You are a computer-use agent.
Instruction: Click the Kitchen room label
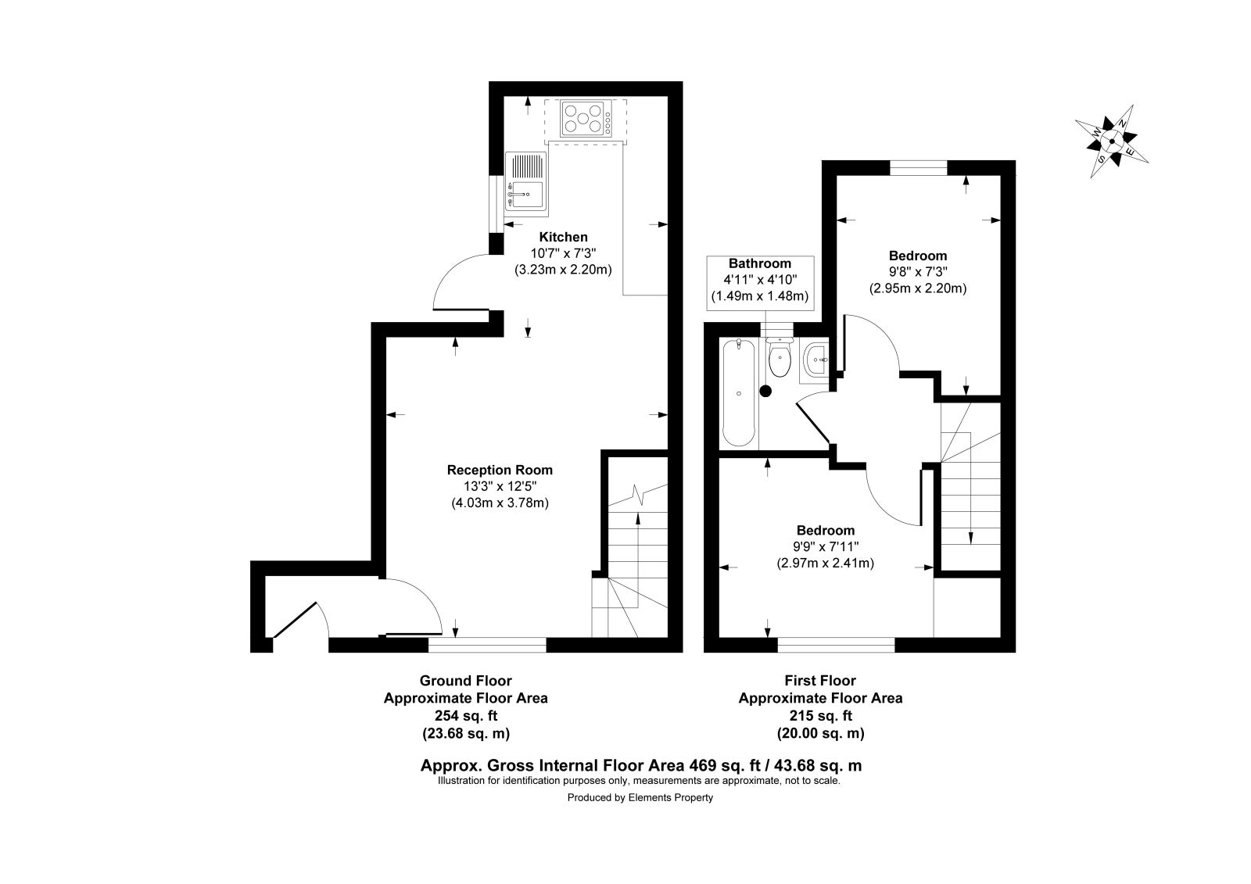[x=563, y=237]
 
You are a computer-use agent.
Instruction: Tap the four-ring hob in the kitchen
[x=586, y=118]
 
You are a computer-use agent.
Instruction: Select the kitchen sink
[x=526, y=183]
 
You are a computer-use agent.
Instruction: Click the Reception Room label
[x=500, y=471]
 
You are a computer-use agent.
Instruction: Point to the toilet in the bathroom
[x=780, y=357]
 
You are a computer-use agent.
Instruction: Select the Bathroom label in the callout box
[x=759, y=263]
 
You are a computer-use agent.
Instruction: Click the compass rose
[x=1111, y=141]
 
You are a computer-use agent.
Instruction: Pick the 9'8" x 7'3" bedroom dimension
[x=918, y=272]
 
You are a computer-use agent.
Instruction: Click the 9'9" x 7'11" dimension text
[x=826, y=546]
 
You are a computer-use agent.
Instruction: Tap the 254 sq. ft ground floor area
[x=466, y=715]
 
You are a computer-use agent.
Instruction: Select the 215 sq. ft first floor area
[x=820, y=715]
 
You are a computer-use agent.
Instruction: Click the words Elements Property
[x=670, y=798]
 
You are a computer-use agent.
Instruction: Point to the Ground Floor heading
[x=466, y=681]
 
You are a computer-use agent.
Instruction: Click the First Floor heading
[x=820, y=681]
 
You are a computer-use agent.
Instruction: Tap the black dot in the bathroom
[x=765, y=392]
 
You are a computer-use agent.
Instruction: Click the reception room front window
[x=487, y=645]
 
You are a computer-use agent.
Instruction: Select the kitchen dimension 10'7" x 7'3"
[x=563, y=253]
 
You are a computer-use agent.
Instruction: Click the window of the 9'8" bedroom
[x=918, y=167]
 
